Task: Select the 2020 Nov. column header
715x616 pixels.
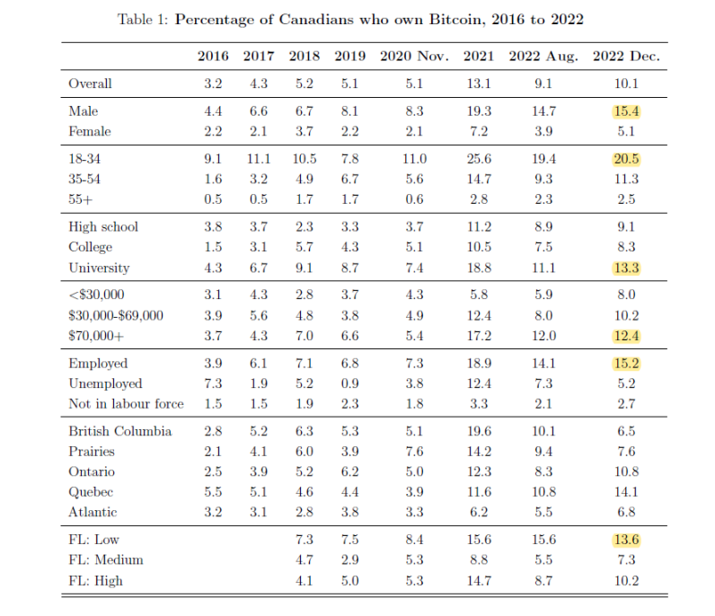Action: pyautogui.click(x=414, y=56)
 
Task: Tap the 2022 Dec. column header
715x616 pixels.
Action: pyautogui.click(x=626, y=56)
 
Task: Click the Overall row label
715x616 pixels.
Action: pyautogui.click(x=90, y=84)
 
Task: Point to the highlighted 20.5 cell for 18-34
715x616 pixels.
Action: pyautogui.click(x=626, y=159)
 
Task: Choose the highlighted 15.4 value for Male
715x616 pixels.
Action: pyautogui.click(x=626, y=111)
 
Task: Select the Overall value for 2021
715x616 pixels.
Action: pyautogui.click(x=478, y=84)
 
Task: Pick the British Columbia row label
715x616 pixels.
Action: pyautogui.click(x=119, y=431)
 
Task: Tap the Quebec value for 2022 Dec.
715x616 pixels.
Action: pyautogui.click(x=626, y=492)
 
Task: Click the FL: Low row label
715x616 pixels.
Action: pyautogui.click(x=93, y=540)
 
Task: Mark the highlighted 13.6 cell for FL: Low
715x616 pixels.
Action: pyautogui.click(x=626, y=540)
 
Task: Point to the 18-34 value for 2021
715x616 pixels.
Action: pyautogui.click(x=478, y=159)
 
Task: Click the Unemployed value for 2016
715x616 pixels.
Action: pyautogui.click(x=213, y=383)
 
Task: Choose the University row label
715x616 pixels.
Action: pyautogui.click(x=99, y=268)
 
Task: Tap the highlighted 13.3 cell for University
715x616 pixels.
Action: pyautogui.click(x=626, y=268)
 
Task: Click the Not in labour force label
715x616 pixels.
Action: pyautogui.click(x=126, y=404)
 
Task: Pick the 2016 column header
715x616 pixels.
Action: pyautogui.click(x=213, y=56)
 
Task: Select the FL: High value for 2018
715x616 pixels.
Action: pyautogui.click(x=305, y=581)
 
